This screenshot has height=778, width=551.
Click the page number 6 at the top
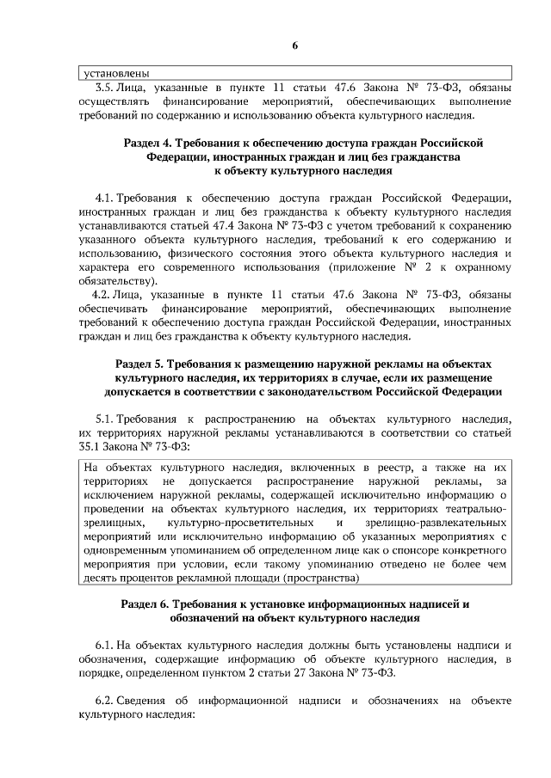(294, 45)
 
